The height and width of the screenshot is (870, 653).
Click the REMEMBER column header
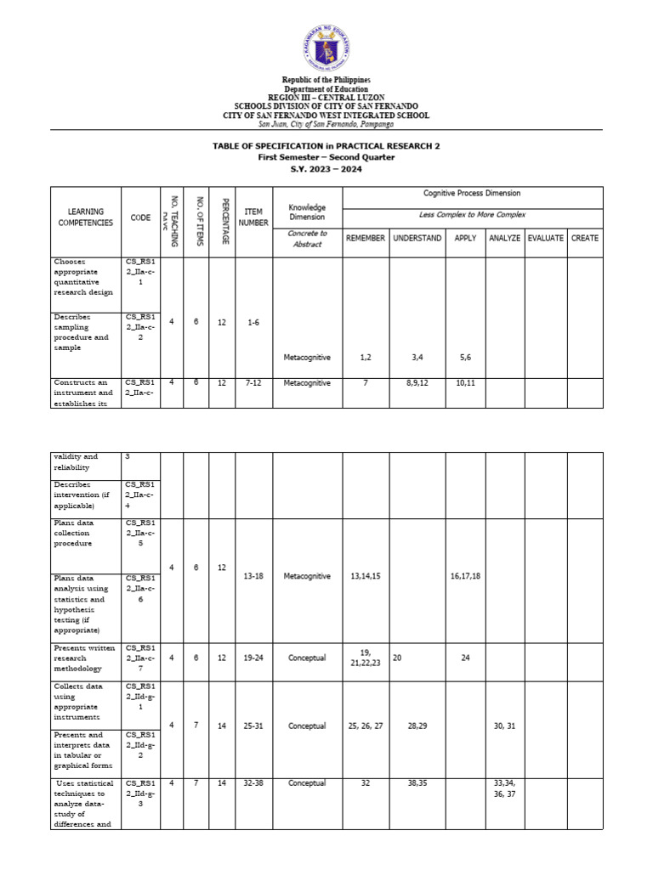click(x=365, y=238)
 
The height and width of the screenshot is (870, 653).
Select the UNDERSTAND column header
click(x=417, y=238)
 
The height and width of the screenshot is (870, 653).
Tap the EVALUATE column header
click(x=545, y=238)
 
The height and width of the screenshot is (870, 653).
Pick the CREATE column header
click(x=584, y=238)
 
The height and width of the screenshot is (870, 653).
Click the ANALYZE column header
click(x=504, y=238)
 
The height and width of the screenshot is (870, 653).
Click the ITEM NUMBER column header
click(x=253, y=217)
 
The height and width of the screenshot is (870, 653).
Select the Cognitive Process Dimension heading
click(x=472, y=194)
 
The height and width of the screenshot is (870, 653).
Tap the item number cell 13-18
click(x=253, y=575)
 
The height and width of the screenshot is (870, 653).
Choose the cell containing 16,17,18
click(x=465, y=575)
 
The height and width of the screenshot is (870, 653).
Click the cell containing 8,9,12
click(x=417, y=383)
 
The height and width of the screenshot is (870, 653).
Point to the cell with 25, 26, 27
click(x=366, y=726)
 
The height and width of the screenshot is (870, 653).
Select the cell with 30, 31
click(x=504, y=726)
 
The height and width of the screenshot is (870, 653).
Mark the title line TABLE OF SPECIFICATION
click(x=326, y=146)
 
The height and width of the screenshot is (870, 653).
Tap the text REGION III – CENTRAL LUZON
click(x=326, y=97)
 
